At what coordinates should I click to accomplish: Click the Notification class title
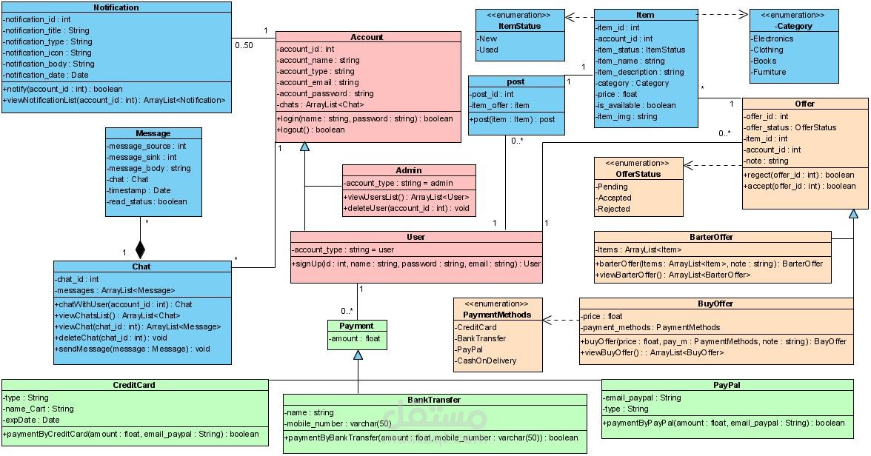point(116,7)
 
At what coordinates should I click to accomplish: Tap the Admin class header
point(409,170)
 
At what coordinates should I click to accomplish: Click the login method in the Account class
point(364,118)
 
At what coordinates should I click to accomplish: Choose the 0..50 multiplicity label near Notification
point(244,46)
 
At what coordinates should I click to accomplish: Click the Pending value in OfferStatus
point(613,187)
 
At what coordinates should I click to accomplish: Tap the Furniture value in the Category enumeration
point(770,72)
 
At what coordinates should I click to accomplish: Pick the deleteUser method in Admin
point(407,209)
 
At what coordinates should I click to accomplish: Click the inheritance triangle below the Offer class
point(853,214)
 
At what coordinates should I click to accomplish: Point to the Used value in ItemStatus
point(488,50)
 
